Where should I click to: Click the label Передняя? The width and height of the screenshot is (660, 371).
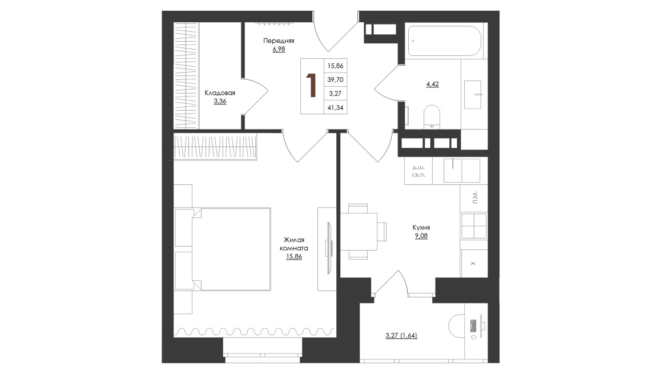[x=279, y=41]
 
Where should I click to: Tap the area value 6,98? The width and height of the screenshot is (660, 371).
[x=279, y=49]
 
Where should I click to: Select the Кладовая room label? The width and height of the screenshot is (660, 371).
[x=220, y=93]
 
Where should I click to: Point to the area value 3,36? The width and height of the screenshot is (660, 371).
[x=220, y=102]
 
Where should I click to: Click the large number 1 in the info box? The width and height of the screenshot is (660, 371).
[x=312, y=86]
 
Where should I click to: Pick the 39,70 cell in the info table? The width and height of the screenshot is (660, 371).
[x=336, y=79]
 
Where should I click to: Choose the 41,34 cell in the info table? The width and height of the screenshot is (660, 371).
[x=336, y=108]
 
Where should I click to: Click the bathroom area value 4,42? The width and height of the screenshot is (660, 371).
[x=432, y=84]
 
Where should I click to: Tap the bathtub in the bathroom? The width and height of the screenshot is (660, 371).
[x=444, y=41]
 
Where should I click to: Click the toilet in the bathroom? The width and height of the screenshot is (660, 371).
[x=432, y=116]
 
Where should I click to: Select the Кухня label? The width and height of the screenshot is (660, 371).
[x=421, y=228]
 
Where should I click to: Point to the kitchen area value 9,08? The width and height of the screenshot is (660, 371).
[x=421, y=236]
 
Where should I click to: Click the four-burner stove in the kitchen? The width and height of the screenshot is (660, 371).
[x=474, y=226]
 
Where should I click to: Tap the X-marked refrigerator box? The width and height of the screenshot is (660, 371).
[x=474, y=263]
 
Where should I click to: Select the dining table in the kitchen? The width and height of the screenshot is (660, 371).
[x=359, y=231]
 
